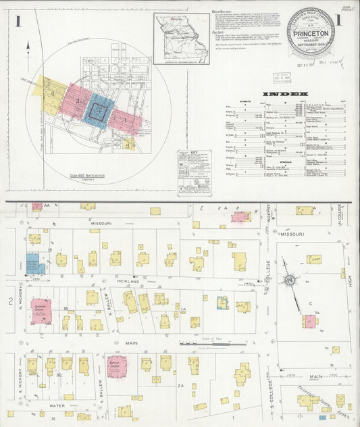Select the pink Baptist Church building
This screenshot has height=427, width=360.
click(x=117, y=366)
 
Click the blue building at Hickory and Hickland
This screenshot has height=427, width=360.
click(x=35, y=263)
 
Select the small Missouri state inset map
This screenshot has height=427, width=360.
click(x=180, y=39)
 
